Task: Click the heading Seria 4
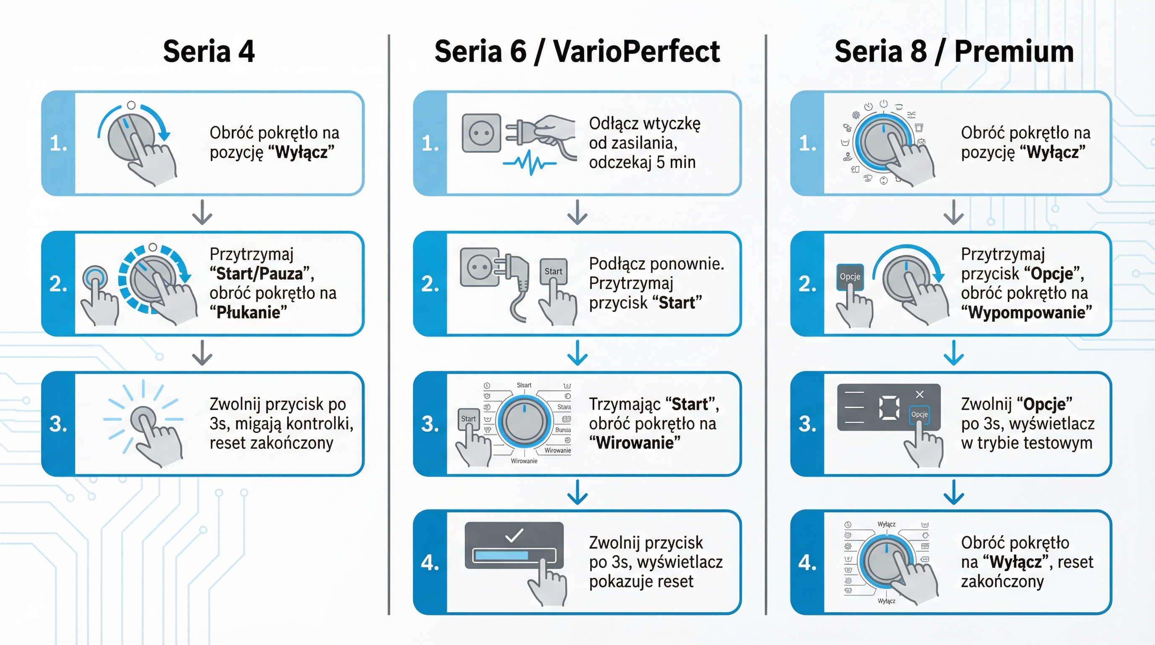[209, 51]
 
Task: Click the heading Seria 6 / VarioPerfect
[577, 51]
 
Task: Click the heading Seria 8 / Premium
[954, 51]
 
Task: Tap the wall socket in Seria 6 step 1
[481, 133]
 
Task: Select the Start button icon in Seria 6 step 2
[553, 271]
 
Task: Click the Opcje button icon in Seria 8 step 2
[849, 276]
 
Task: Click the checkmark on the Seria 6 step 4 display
[514, 535]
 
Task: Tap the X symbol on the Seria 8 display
[920, 394]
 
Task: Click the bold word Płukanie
[248, 313]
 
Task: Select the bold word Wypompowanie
[1026, 313]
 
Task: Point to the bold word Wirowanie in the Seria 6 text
[635, 443]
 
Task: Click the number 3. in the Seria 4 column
[58, 424]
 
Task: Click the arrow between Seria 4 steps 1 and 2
[202, 212]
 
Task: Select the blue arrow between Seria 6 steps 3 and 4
[577, 492]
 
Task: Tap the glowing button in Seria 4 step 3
[143, 419]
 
